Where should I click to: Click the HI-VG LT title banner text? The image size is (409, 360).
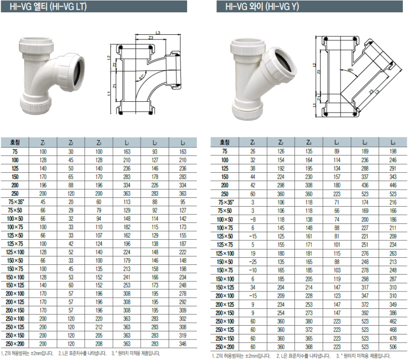(x=48, y=6)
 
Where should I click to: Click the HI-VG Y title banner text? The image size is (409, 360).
(x=262, y=6)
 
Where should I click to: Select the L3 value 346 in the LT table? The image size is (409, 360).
(x=183, y=344)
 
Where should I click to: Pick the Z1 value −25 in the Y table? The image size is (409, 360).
(x=253, y=262)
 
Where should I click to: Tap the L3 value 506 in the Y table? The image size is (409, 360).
(x=393, y=347)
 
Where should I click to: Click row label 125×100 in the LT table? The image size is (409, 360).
(x=15, y=252)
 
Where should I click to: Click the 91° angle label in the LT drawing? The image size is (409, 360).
(x=142, y=77)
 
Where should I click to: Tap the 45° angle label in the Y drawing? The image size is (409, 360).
(x=350, y=70)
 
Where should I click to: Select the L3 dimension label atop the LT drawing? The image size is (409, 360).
(x=158, y=33)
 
